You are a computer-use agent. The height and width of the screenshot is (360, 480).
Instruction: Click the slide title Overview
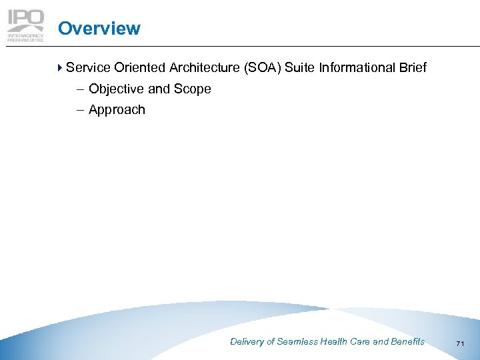pos(99,29)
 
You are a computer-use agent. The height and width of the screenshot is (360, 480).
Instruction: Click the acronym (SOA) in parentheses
pos(265,67)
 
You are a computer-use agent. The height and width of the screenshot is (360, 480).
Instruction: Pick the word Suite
pos(305,67)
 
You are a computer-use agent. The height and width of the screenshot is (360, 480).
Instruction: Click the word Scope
pos(193,89)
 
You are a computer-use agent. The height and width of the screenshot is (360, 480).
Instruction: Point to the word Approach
pos(117,110)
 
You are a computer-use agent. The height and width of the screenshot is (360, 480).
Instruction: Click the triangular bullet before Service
pos(61,67)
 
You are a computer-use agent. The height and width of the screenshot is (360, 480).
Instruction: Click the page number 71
pos(460,343)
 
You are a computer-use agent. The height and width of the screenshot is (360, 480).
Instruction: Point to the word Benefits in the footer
pos(407,341)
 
